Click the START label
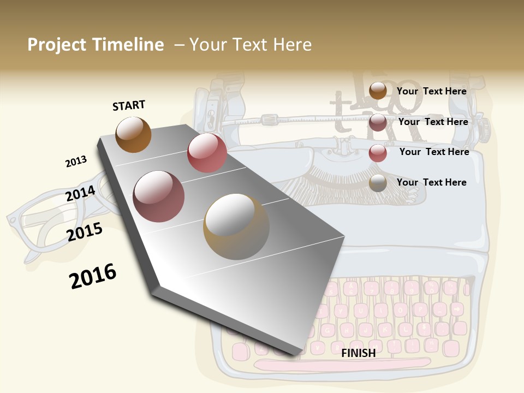[x=129, y=105]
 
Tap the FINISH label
[x=359, y=353]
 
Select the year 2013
[x=76, y=162]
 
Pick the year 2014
[x=80, y=193]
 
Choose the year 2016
[x=93, y=276]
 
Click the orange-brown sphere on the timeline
[x=133, y=134]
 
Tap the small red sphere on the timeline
[x=207, y=153]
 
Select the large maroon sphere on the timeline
[x=159, y=196]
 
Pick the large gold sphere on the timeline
[x=236, y=227]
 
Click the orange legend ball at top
[x=378, y=91]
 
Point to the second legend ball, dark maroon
[x=378, y=122]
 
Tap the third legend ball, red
[x=378, y=153]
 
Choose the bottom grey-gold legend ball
[x=378, y=183]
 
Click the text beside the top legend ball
[x=432, y=91]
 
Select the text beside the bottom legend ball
[x=432, y=182]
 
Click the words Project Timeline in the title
[x=96, y=45]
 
